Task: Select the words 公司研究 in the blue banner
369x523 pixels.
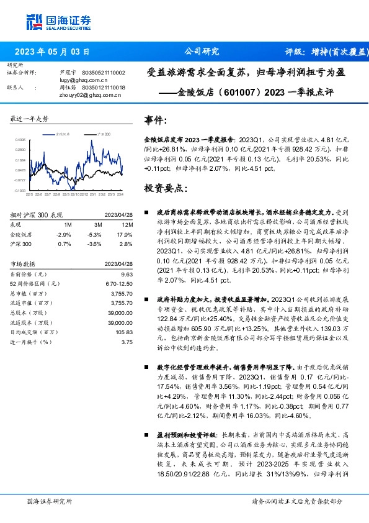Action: (202, 52)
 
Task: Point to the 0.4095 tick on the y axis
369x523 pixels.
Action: (21, 140)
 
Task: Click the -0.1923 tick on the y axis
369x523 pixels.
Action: (21, 191)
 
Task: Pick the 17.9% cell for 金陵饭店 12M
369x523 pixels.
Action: (127, 235)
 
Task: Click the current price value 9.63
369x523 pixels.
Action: (127, 274)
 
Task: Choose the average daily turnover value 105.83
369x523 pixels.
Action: (124, 332)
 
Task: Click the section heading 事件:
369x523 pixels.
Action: (156, 121)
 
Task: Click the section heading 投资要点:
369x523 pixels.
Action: (164, 188)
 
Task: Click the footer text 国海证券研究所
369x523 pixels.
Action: (50, 501)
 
